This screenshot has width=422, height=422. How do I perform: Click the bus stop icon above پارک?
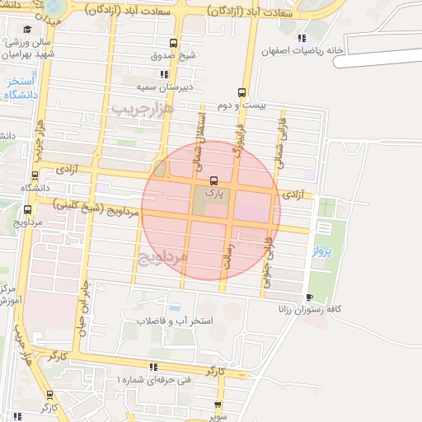214,180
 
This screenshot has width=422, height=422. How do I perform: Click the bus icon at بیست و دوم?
241,92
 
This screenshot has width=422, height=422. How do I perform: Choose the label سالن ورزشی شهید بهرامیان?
31,48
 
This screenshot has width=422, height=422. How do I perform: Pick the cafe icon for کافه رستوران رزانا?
309,297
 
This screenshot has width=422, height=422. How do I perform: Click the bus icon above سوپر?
218,405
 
